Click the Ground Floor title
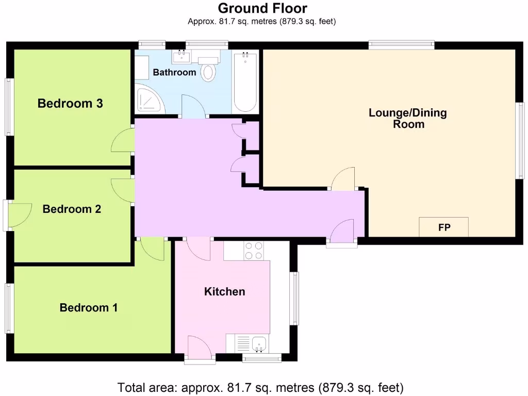262,8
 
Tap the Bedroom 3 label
70,104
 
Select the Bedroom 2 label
72,209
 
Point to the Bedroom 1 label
89,308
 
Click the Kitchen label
225,292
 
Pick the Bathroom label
174,72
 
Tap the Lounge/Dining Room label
408,118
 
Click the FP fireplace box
443,227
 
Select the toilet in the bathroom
208,70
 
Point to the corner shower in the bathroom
150,101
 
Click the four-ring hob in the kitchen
253,251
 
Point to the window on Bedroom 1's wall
9,308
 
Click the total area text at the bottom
260,387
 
